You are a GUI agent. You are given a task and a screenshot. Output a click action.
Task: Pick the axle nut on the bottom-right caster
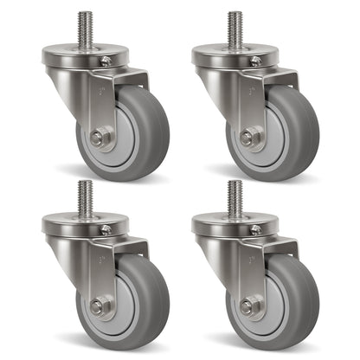click(247, 305)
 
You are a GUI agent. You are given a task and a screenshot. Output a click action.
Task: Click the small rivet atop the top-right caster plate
click(255, 61)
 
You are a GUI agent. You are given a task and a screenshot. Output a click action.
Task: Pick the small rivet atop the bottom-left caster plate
click(106, 229)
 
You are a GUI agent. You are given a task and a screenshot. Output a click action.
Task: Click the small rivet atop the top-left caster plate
click(106, 61)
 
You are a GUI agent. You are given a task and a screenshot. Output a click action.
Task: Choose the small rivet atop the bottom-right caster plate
click(255, 229)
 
